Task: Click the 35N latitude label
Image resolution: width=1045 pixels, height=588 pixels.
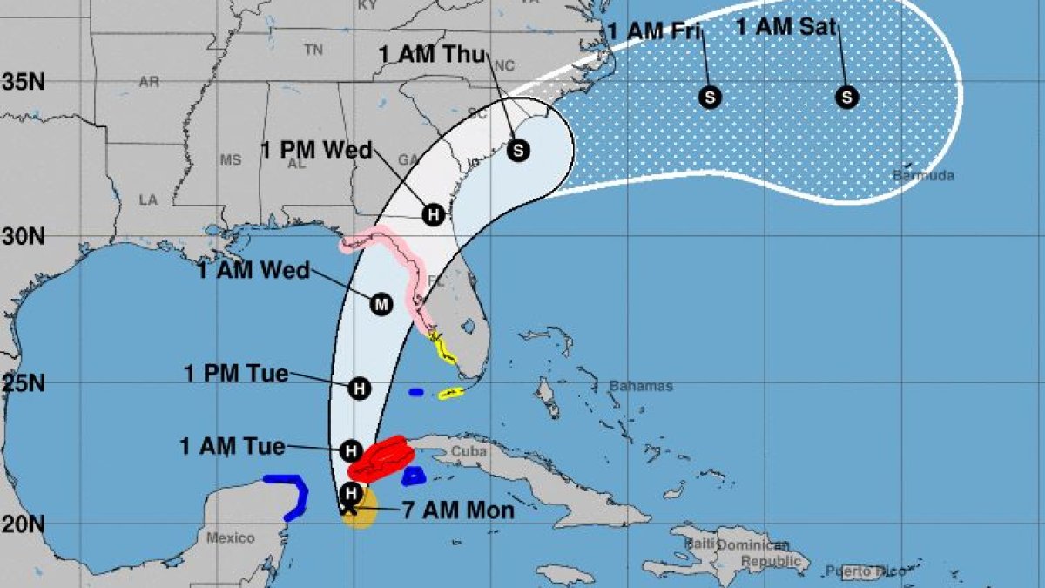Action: [x=24, y=83]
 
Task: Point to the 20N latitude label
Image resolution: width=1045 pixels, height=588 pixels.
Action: [x=24, y=524]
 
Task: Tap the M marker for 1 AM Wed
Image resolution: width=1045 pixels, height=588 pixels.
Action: [x=381, y=304]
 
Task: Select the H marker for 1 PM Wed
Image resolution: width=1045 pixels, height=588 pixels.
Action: [x=433, y=214]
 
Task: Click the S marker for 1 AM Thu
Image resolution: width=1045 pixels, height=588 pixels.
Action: [x=518, y=151]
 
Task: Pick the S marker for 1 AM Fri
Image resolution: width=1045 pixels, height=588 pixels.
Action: [x=710, y=97]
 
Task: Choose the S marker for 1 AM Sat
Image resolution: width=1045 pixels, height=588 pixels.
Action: [x=846, y=97]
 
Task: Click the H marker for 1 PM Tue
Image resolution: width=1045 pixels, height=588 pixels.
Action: [x=359, y=389]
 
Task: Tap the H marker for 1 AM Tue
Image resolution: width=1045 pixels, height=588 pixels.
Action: [x=350, y=450]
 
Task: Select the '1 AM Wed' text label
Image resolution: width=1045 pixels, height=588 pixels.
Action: [x=253, y=271]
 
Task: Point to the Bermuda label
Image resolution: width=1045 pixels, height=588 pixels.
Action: [x=923, y=176]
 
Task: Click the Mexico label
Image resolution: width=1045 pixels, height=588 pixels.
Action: [x=231, y=538]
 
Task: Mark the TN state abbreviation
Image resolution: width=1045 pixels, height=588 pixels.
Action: [x=313, y=51]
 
